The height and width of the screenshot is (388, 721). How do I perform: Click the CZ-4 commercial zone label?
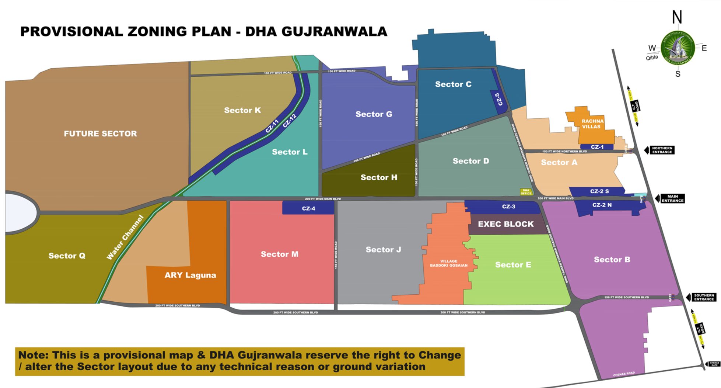coord(308,208)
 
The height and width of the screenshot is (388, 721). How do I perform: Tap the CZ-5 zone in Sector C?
coord(498,99)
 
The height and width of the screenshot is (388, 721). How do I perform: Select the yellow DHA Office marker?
coord(526,192)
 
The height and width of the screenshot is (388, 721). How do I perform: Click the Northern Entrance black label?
coord(662,150)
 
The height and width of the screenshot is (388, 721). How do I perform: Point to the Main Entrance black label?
coord(672,198)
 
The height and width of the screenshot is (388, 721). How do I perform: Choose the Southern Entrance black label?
coord(704,297)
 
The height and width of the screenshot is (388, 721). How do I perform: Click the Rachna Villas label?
coord(592,124)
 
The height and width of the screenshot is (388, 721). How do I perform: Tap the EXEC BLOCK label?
coord(505,224)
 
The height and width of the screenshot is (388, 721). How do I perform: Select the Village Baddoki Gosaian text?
coord(448,263)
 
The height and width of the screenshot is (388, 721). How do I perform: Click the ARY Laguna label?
coord(190,275)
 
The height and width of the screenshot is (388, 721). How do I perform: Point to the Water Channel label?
coord(125,238)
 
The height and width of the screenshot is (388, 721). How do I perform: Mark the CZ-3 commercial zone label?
coord(508,207)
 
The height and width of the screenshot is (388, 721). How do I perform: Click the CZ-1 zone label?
coord(597,147)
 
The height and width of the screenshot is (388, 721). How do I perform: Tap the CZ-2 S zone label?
coord(599,191)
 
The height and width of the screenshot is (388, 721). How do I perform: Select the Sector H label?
coord(379,177)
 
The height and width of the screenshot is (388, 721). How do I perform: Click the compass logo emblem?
coord(678,48)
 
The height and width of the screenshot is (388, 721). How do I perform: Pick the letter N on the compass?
coord(677,17)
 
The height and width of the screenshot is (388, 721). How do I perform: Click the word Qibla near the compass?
coord(652,58)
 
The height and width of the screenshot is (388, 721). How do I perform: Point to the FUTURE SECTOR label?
coord(100,134)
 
